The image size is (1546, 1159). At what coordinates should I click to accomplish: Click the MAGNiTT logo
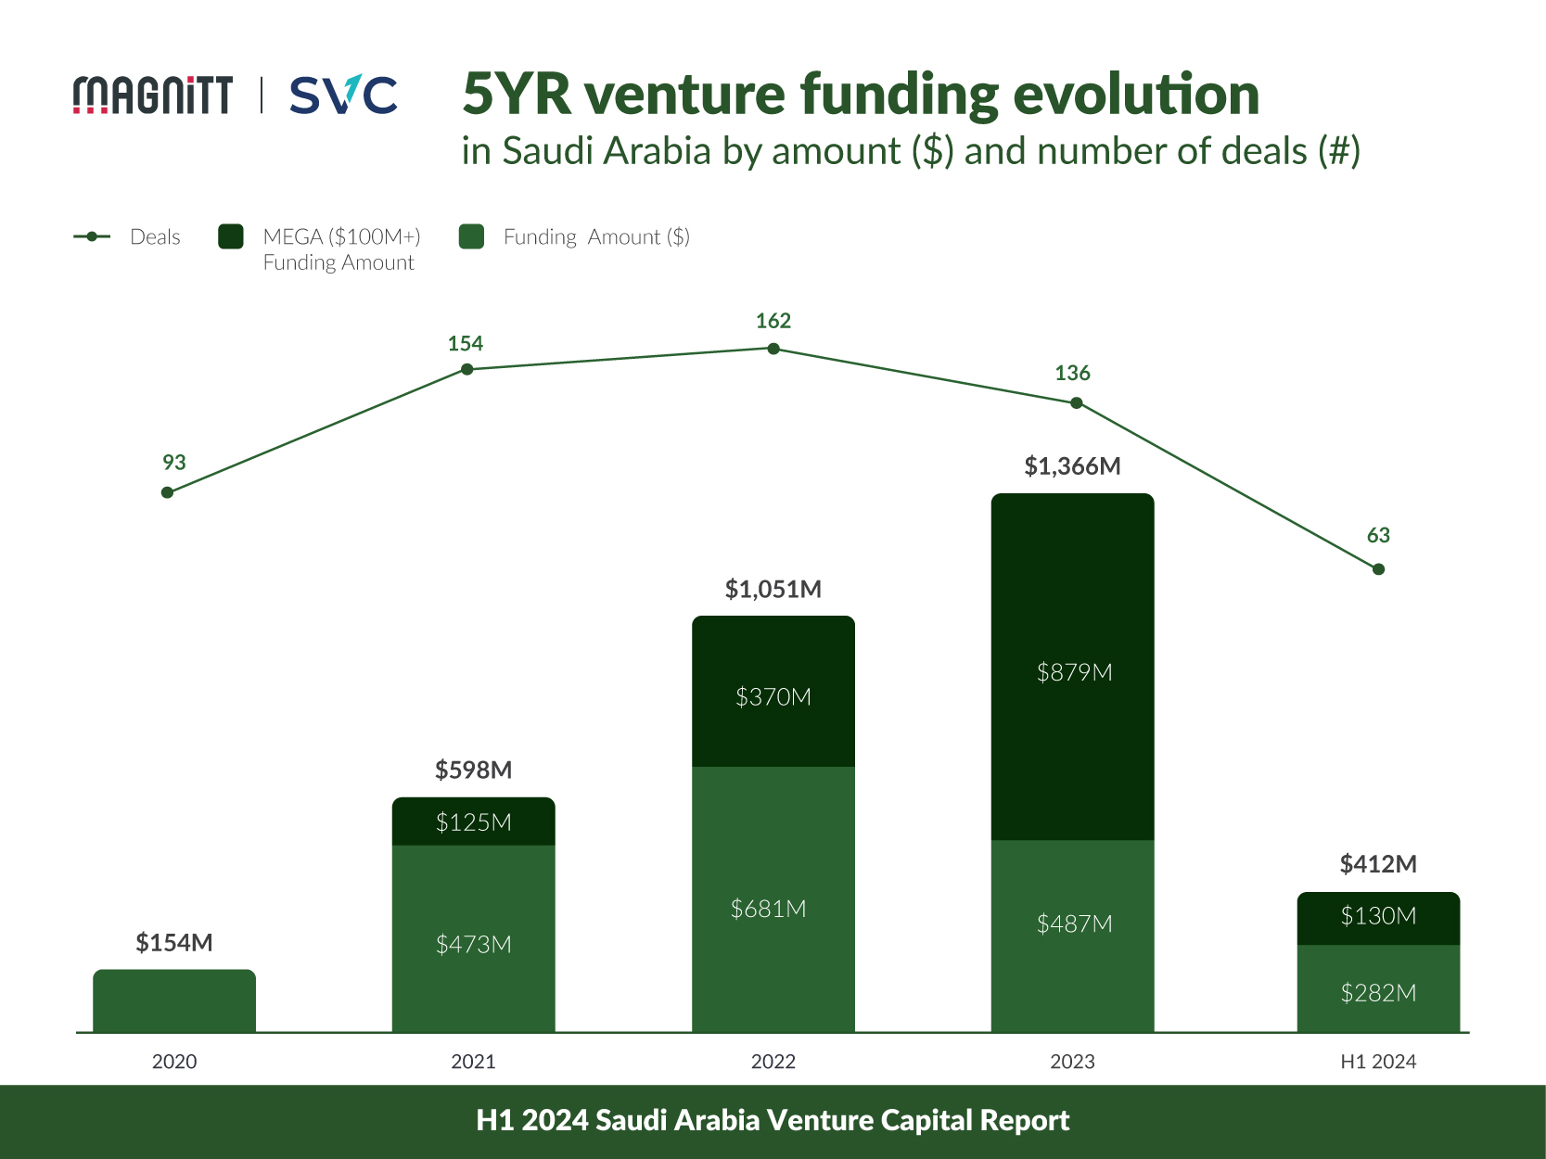pyautogui.click(x=153, y=95)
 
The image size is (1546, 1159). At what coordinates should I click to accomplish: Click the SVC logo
pyautogui.click(x=343, y=95)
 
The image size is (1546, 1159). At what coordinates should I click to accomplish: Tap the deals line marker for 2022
pyautogui.click(x=773, y=349)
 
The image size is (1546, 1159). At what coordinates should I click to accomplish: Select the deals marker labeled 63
pyautogui.click(x=1378, y=569)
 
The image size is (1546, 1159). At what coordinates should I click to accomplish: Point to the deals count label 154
pyautogui.click(x=466, y=344)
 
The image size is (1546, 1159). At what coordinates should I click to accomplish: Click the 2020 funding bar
pyautogui.click(x=174, y=1001)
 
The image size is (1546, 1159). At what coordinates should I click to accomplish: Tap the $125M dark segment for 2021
pyautogui.click(x=473, y=822)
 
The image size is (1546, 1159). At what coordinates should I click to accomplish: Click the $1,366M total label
pyautogui.click(x=1072, y=466)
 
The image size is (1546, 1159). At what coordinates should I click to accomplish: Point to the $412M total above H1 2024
pyautogui.click(x=1378, y=864)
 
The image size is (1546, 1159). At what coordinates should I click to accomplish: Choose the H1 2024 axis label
pyautogui.click(x=1378, y=1062)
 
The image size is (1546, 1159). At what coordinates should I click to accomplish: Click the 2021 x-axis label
pyautogui.click(x=473, y=1062)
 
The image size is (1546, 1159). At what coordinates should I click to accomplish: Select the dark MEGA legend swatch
pyautogui.click(x=231, y=236)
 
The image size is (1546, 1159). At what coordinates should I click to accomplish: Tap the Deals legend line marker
pyautogui.click(x=92, y=236)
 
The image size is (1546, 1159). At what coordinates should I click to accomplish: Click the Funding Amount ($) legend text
pyautogui.click(x=596, y=237)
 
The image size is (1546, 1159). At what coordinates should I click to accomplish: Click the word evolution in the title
pyautogui.click(x=1135, y=95)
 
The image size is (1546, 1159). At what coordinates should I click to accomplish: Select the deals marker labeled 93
pyautogui.click(x=167, y=492)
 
